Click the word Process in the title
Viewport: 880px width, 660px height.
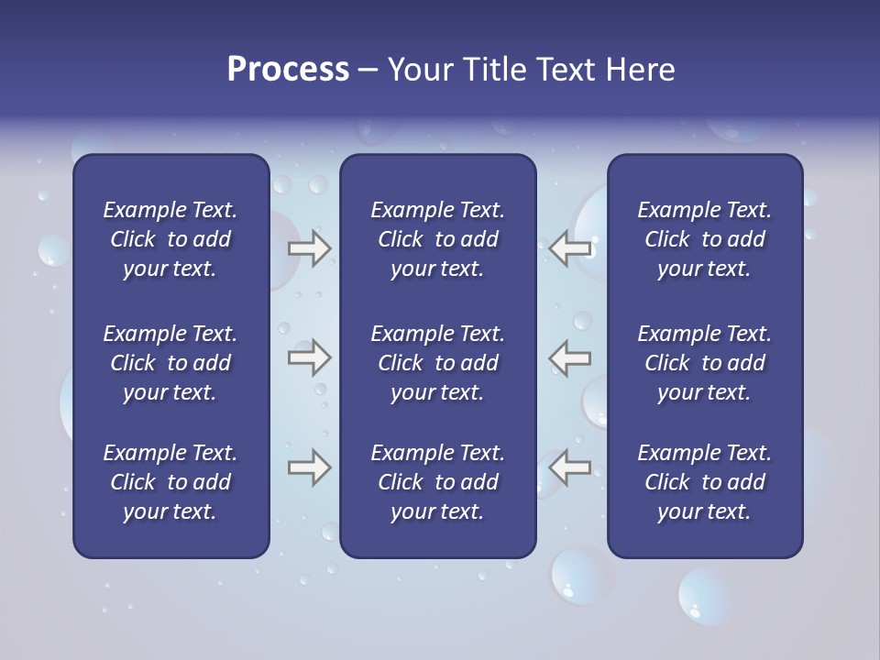pos(288,70)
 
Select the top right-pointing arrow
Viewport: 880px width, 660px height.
pos(309,248)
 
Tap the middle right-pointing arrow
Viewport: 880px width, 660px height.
pos(309,357)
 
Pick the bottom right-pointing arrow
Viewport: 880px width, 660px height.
pos(309,467)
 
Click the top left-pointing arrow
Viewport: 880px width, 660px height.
pos(570,248)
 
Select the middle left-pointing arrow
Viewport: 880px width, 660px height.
pos(570,357)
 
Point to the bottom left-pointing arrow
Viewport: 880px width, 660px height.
pos(570,467)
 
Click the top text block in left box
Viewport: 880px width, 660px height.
pos(170,239)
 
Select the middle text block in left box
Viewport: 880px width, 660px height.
pos(170,363)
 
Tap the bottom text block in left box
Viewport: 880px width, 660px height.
pos(170,482)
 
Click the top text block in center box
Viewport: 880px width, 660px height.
pos(437,239)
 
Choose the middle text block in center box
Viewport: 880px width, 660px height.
pos(437,363)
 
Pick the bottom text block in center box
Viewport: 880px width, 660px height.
pos(437,482)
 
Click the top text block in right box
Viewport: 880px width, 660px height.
pos(704,239)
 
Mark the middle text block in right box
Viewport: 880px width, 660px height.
pos(704,363)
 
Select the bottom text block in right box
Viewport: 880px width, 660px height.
pos(704,482)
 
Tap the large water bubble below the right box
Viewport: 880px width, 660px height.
pos(706,595)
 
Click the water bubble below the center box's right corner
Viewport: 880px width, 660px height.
pos(581,576)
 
